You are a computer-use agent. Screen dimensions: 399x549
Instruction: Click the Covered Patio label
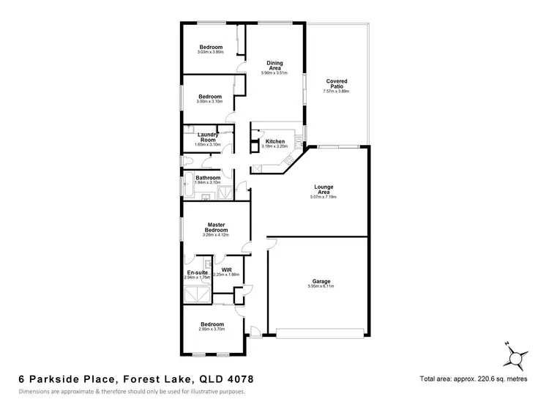pyautogui.click(x=336, y=83)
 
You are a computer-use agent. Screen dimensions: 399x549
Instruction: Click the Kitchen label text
pyautogui.click(x=274, y=141)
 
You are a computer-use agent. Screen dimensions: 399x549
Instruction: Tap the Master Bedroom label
pyautogui.click(x=215, y=227)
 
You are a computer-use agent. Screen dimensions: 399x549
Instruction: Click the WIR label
pyautogui.click(x=226, y=269)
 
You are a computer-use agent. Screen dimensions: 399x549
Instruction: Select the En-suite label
pyautogui.click(x=196, y=273)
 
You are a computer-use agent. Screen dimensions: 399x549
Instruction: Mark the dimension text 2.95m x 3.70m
pyautogui.click(x=212, y=329)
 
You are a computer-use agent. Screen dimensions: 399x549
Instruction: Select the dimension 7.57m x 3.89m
pyautogui.click(x=336, y=92)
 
